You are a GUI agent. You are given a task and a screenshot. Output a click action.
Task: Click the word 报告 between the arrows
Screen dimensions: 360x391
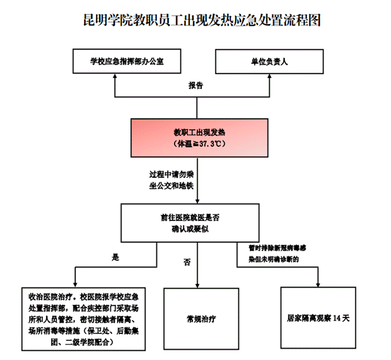[x=196, y=84]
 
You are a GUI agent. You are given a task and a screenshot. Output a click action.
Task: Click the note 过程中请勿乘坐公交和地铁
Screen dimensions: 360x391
[x=171, y=179]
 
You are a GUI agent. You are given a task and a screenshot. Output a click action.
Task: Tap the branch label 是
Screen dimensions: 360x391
[x=115, y=258]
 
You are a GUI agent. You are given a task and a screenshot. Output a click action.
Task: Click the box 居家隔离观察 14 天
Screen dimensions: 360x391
[x=318, y=318]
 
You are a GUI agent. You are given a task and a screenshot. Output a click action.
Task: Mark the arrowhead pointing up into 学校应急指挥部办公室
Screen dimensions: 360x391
[x=115, y=78]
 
